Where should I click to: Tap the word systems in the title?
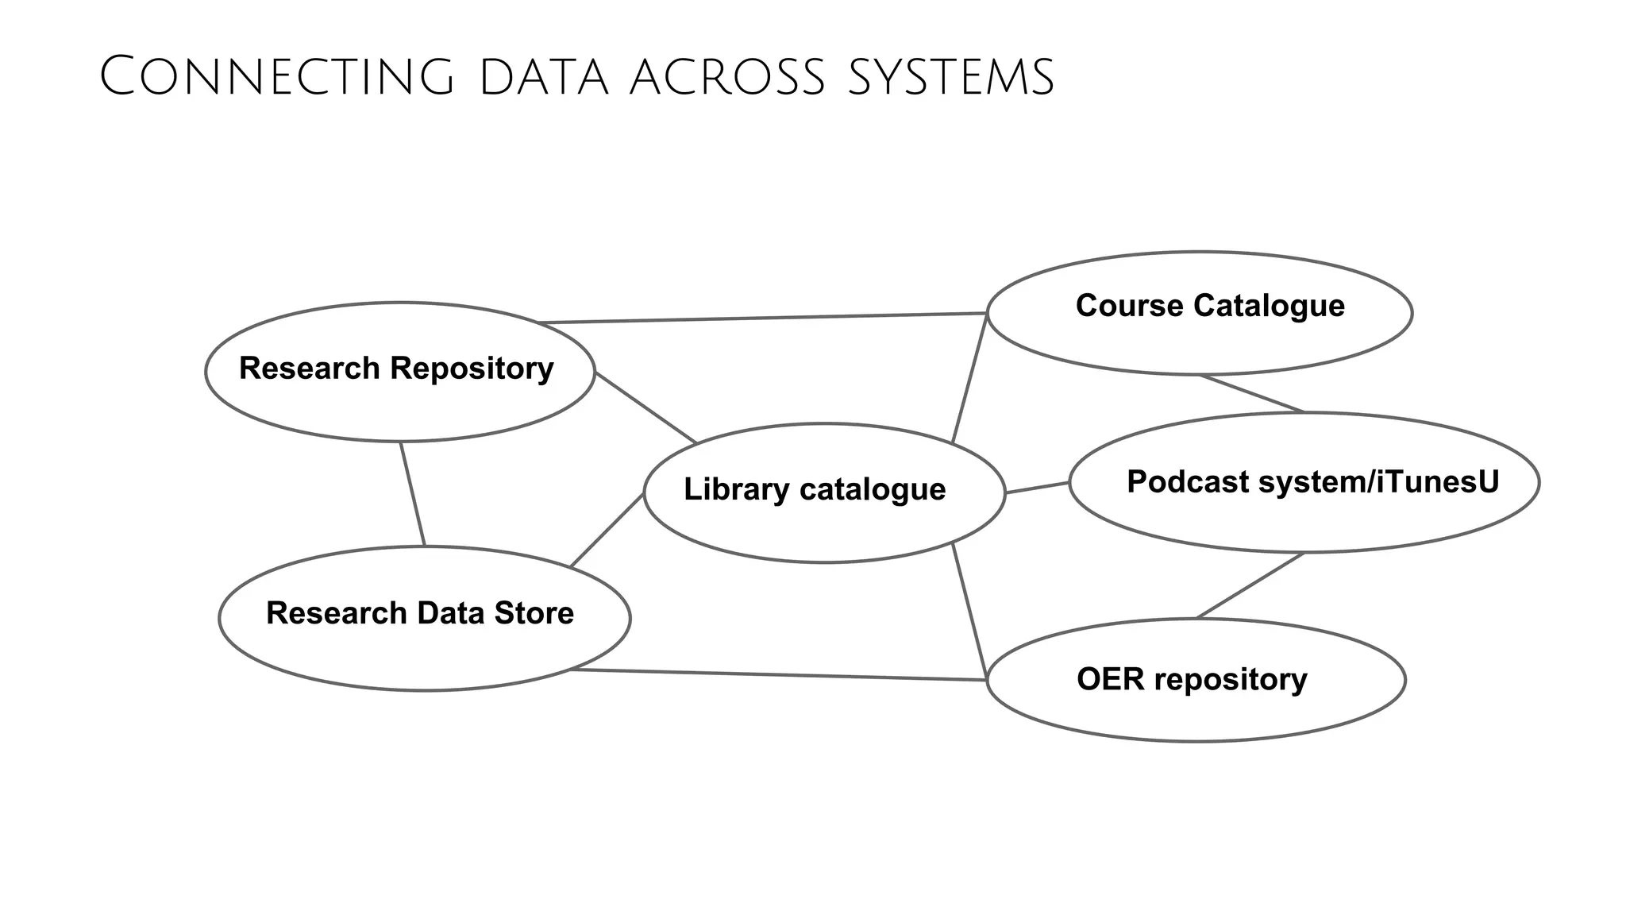[950, 79]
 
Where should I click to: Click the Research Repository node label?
[396, 369]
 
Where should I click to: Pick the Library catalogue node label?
[815, 489]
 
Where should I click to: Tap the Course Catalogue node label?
[1210, 306]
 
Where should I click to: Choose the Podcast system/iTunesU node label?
[1312, 482]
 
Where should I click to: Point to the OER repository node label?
[1192, 680]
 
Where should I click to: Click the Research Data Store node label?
[419, 613]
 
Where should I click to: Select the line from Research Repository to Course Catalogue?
[762, 318]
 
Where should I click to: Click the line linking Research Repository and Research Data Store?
[413, 494]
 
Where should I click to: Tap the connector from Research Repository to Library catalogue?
[645, 407]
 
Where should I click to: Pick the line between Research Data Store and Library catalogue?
[607, 530]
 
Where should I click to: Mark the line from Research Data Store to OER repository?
[778, 675]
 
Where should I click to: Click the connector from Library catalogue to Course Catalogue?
[969, 378]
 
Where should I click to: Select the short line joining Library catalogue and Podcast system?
[1037, 488]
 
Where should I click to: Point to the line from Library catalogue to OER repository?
[969, 612]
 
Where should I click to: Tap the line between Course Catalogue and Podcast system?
[1252, 394]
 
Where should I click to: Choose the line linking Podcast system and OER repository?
[1250, 585]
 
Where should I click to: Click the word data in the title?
[543, 79]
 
